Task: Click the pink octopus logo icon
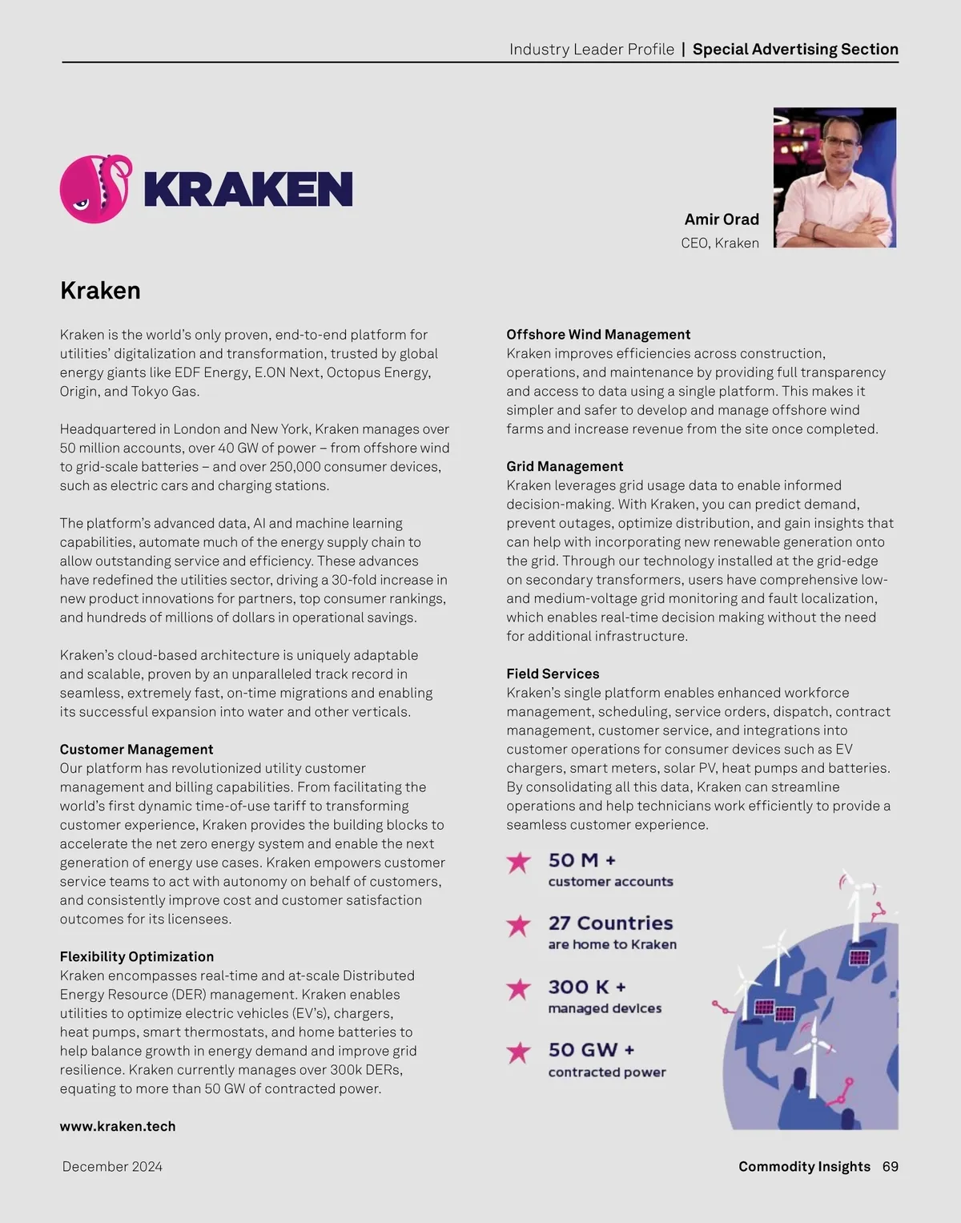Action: tap(95, 189)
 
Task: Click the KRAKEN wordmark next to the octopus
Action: tap(248, 190)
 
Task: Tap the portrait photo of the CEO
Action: tap(834, 178)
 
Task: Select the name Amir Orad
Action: tap(722, 219)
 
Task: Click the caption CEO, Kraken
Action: tap(720, 243)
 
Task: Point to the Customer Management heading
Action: tap(136, 750)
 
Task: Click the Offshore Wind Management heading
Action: tap(598, 335)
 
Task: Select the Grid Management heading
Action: tap(565, 466)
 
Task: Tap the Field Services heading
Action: tap(553, 674)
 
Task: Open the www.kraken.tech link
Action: tap(118, 1126)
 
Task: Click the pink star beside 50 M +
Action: tap(519, 862)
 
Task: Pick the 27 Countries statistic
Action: tap(610, 923)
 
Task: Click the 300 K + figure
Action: tap(587, 987)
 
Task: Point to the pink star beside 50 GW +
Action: tap(519, 1052)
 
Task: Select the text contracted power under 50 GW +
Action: tap(607, 1072)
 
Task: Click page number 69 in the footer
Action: tap(890, 1167)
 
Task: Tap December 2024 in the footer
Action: tap(112, 1167)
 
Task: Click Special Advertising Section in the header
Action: tap(795, 50)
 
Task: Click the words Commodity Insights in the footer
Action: tap(804, 1167)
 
